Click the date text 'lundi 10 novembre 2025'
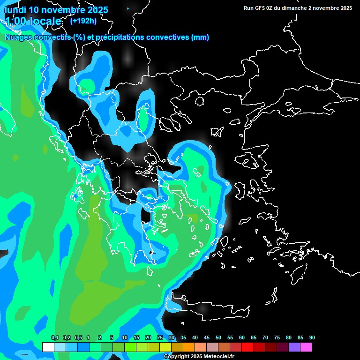click(56, 9)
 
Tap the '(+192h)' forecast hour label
click(83, 21)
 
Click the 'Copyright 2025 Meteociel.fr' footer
click(199, 356)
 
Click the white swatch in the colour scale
click(48, 347)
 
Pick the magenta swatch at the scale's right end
click(306, 347)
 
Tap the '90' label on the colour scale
click(312, 337)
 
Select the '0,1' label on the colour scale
click(55, 337)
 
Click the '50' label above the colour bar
click(218, 337)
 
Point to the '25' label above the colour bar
click(159, 337)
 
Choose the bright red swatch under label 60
click(247, 347)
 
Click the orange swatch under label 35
click(189, 347)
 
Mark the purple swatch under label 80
click(294, 347)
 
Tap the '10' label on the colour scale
click(124, 337)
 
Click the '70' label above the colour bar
click(265, 337)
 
